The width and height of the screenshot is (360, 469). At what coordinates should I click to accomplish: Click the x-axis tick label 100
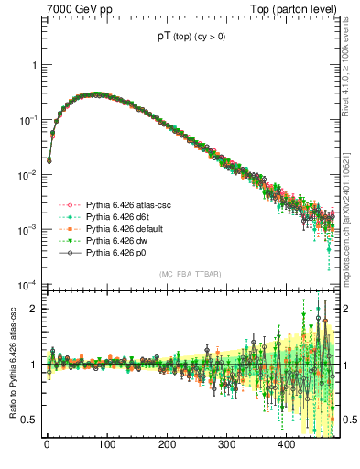(106, 445)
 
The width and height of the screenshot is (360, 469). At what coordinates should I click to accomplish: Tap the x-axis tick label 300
(226, 445)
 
